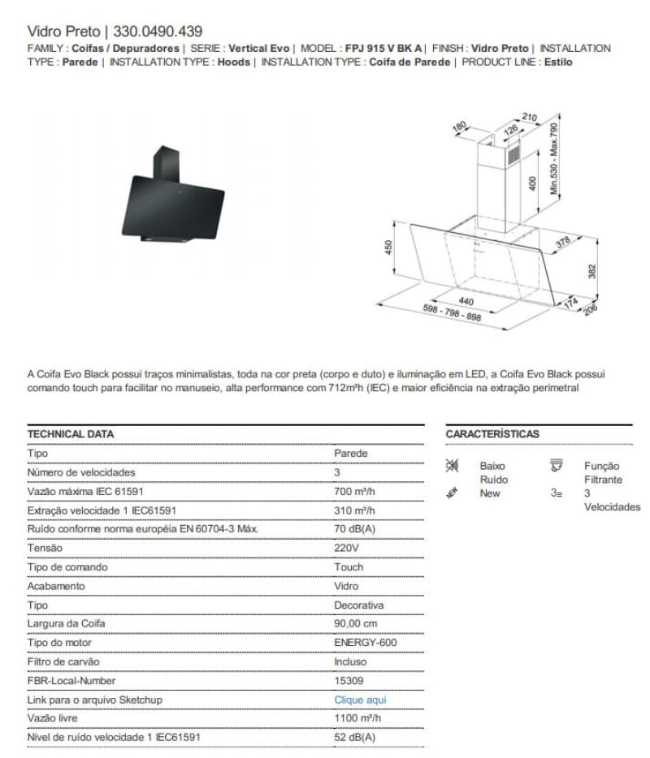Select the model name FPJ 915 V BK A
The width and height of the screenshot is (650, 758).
pos(384,48)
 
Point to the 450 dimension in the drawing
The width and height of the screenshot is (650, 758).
pos(388,246)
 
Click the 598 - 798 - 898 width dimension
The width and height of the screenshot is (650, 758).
pos(452,313)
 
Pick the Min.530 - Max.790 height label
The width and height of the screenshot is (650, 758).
pos(555,159)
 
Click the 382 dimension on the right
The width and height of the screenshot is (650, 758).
pos(592,269)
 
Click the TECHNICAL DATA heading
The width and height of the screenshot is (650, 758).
pos(71,434)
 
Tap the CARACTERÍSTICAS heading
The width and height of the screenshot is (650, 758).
pos(492,434)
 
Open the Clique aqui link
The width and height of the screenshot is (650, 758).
pos(360,700)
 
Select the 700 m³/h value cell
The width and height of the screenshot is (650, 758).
pos(355,491)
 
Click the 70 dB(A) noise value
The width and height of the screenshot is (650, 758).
pos(354,529)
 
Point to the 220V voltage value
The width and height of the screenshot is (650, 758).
pos(346,548)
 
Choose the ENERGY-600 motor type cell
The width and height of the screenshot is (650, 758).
pos(366,643)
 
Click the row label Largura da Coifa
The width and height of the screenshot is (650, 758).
pos(66,624)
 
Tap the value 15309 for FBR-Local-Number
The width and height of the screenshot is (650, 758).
pos(349,681)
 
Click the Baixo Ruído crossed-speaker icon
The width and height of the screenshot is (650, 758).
pos(453,466)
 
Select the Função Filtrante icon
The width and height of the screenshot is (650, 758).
pos(557,466)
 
